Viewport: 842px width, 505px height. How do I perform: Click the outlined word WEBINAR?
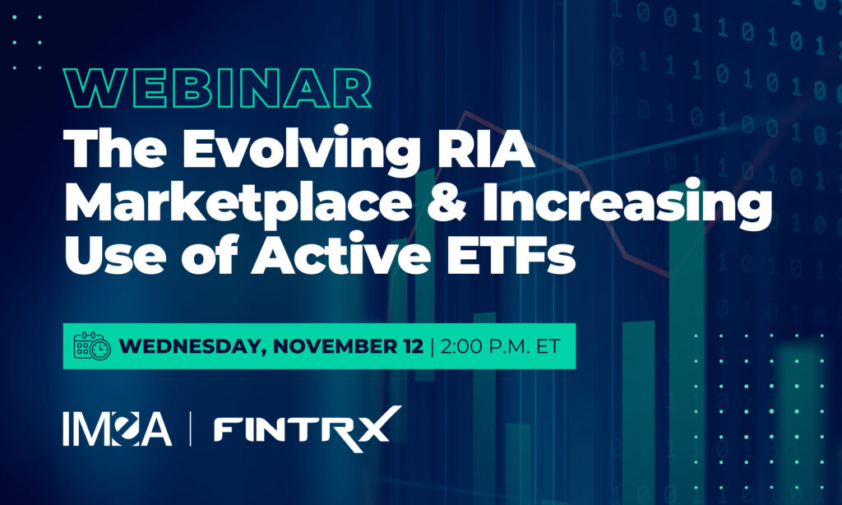(x=217, y=89)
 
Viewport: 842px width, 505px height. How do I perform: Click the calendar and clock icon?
(x=92, y=346)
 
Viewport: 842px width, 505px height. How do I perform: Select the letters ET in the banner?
(x=548, y=346)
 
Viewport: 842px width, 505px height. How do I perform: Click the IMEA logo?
(x=117, y=429)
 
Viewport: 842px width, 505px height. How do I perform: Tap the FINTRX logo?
(x=308, y=429)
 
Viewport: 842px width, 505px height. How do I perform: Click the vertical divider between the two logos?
(x=191, y=429)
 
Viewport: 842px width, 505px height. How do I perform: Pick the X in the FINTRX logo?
(x=378, y=427)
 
